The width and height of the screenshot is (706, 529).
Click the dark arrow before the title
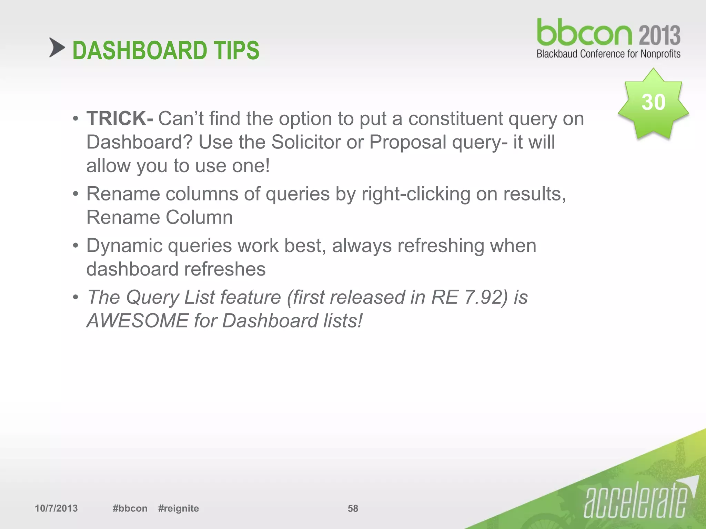click(57, 48)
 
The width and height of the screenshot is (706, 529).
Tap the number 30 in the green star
click(653, 102)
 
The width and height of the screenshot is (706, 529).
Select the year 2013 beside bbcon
click(659, 35)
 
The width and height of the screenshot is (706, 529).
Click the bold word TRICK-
click(120, 118)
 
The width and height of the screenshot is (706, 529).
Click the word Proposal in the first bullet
click(407, 142)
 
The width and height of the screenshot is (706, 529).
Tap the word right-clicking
click(416, 194)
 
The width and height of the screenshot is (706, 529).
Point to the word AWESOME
click(137, 321)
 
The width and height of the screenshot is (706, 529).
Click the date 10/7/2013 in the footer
click(56, 508)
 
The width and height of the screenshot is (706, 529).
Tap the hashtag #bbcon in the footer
click(130, 508)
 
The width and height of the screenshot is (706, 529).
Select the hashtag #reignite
click(178, 508)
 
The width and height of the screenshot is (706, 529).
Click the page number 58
click(353, 508)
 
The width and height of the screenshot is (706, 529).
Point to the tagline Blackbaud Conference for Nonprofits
click(608, 54)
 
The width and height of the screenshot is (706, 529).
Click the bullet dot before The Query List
click(75, 298)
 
